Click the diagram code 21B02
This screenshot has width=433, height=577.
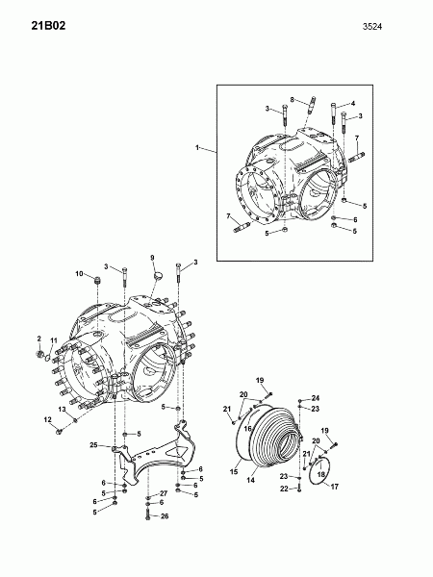48,26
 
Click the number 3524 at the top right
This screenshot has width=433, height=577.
372,27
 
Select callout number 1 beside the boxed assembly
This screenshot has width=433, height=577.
197,147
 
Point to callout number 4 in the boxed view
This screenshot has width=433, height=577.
353,104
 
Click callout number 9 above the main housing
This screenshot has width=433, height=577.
152,258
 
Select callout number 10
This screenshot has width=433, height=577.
80,273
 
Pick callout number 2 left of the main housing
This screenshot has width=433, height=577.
39,339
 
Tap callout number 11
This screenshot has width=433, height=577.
54,340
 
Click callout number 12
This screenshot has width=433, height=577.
48,419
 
